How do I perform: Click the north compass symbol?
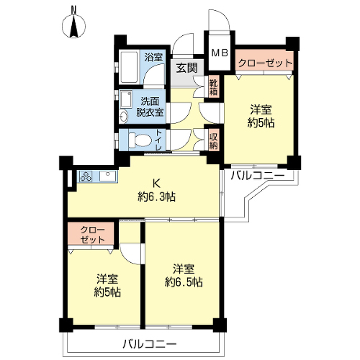74,26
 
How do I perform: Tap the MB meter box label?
220,53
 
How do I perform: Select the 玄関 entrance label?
186,68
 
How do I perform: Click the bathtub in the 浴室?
129,67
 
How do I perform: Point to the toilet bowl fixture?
140,140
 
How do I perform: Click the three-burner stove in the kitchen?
86,176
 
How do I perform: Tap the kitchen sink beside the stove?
107,176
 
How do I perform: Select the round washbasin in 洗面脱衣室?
124,117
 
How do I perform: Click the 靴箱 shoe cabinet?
213,86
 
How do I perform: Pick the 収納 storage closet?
213,140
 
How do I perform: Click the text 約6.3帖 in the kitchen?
156,197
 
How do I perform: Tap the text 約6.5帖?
184,282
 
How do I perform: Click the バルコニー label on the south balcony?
150,345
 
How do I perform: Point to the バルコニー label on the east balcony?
257,176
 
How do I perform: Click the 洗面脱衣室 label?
150,107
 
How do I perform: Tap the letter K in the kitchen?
156,184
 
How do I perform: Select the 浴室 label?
153,58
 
